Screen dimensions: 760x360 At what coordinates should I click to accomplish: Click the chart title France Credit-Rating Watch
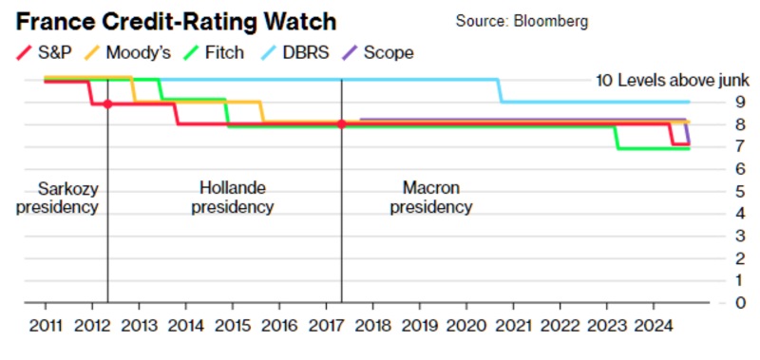[176, 22]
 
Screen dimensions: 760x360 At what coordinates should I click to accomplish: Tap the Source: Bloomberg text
[522, 21]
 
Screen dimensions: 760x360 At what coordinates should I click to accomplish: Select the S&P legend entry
[44, 52]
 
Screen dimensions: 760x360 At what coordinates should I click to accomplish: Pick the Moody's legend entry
[131, 52]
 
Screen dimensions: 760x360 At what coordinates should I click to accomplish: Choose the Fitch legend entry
[213, 52]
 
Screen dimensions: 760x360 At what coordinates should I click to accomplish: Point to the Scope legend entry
[378, 52]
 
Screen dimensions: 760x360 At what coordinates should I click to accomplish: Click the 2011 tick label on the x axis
[46, 326]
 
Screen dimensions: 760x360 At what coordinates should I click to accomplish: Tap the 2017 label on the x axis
[326, 326]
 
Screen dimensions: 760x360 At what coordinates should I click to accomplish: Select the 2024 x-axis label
[655, 326]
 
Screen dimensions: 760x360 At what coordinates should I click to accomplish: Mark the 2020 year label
[466, 326]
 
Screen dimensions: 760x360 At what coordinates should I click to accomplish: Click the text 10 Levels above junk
[673, 80]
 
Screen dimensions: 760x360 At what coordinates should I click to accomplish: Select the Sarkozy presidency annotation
[58, 198]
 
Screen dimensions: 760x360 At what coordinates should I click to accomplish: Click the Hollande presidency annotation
[233, 198]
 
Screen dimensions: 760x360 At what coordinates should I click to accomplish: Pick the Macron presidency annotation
[431, 198]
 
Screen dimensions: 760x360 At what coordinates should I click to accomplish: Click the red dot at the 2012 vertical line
[108, 104]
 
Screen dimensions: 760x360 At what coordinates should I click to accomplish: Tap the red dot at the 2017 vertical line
[342, 124]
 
